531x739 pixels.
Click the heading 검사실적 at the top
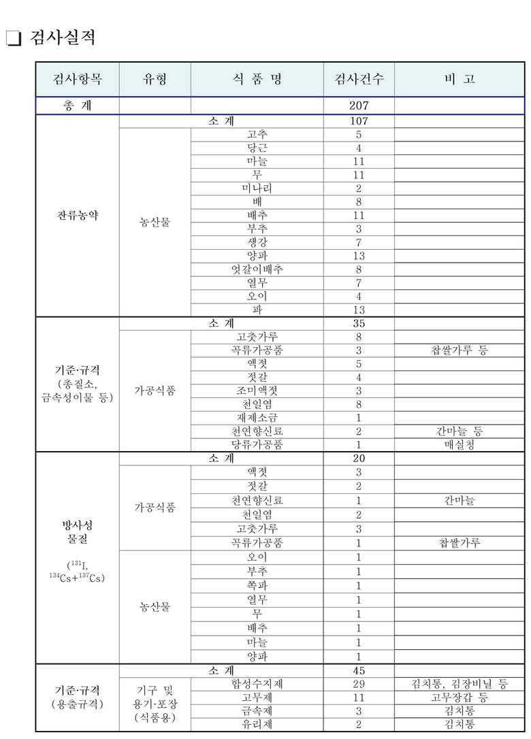click(x=63, y=38)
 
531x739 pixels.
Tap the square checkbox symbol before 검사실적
click(x=14, y=39)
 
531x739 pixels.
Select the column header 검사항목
click(x=78, y=79)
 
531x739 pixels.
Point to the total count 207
click(x=359, y=106)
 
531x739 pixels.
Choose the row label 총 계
click(x=78, y=106)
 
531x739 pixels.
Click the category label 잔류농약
click(x=78, y=216)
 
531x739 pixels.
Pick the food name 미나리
click(x=257, y=188)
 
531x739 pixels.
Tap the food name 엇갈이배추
click(x=257, y=269)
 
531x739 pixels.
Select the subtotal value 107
click(x=359, y=121)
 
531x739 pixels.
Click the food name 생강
click(x=257, y=243)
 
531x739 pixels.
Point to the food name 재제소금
click(x=257, y=418)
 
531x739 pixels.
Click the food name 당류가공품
click(x=257, y=445)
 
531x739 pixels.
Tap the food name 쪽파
click(x=257, y=586)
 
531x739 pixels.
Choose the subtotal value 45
click(x=359, y=670)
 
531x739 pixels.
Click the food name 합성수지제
click(x=257, y=684)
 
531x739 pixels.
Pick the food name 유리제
click(x=257, y=725)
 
